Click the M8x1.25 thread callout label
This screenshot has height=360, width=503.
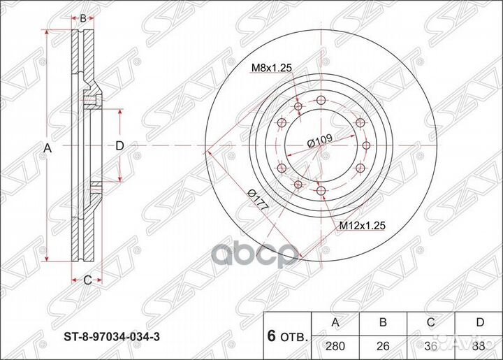click(x=270, y=68)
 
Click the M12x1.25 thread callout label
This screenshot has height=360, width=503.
click(x=363, y=226)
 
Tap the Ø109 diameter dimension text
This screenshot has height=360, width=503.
click(x=319, y=142)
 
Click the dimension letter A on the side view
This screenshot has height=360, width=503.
click(x=48, y=147)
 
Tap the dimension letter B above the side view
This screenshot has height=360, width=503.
click(x=83, y=18)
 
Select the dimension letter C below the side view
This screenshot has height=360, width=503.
click(x=87, y=280)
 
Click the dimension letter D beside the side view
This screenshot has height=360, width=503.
click(x=119, y=145)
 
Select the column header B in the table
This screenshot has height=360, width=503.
click(x=382, y=322)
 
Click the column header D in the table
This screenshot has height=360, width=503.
click(x=479, y=322)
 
